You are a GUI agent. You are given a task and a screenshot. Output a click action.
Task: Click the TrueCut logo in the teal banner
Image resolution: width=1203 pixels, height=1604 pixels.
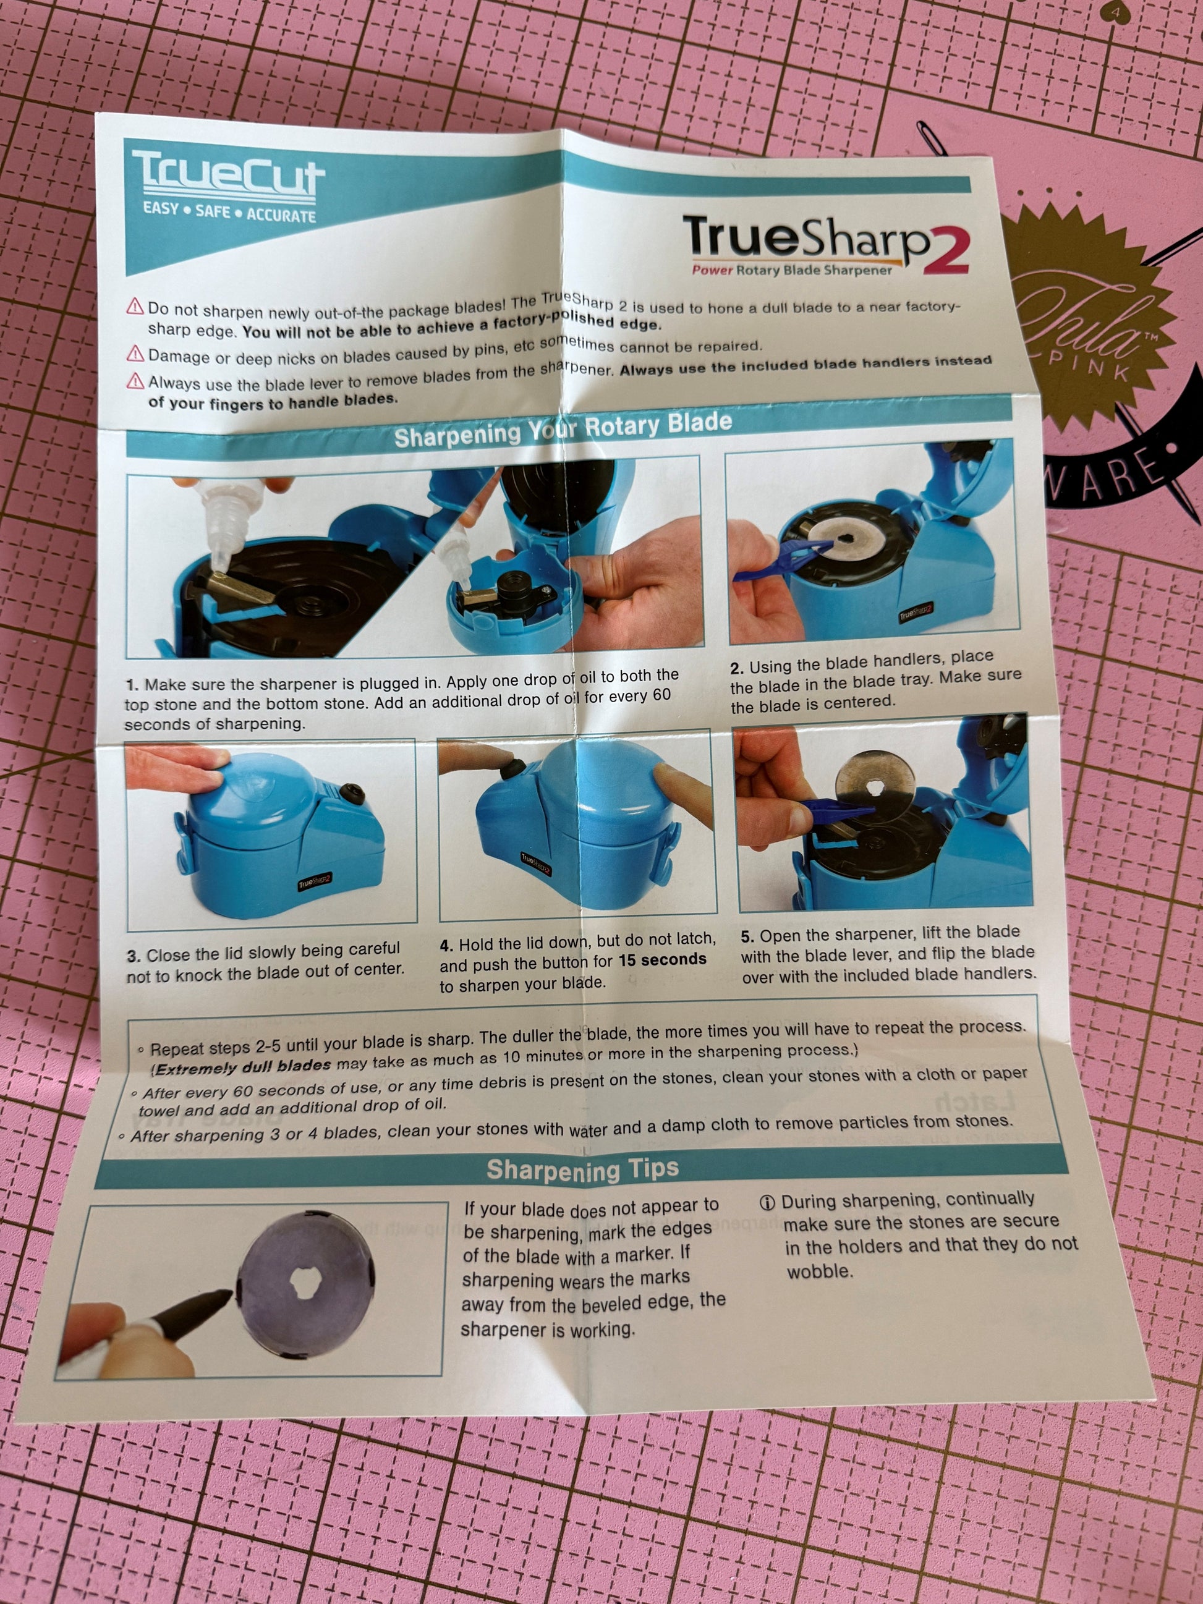point(227,176)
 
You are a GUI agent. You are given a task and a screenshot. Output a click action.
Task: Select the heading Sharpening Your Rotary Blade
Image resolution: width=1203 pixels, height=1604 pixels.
point(563,430)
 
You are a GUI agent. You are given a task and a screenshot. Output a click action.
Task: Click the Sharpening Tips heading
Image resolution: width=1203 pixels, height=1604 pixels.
point(582,1169)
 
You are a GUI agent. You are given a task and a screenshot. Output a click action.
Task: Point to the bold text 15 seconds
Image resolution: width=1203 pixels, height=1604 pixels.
point(662,959)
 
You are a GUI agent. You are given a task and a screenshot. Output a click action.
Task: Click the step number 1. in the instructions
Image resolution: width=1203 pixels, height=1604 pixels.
point(132,685)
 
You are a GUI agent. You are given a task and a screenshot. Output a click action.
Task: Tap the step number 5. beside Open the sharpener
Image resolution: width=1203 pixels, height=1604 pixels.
point(747,936)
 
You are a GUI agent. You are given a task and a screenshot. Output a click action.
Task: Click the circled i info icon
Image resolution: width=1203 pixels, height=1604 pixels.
point(767,1203)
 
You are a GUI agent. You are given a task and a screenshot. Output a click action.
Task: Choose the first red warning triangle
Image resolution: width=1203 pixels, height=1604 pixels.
point(135,307)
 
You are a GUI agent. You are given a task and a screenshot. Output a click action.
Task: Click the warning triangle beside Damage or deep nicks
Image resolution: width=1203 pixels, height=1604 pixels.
point(135,354)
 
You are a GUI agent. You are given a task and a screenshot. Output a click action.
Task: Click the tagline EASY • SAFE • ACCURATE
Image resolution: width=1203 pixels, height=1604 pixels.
point(229,212)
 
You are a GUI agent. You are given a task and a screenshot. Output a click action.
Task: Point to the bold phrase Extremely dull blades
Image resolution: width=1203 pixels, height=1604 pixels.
point(243,1067)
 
